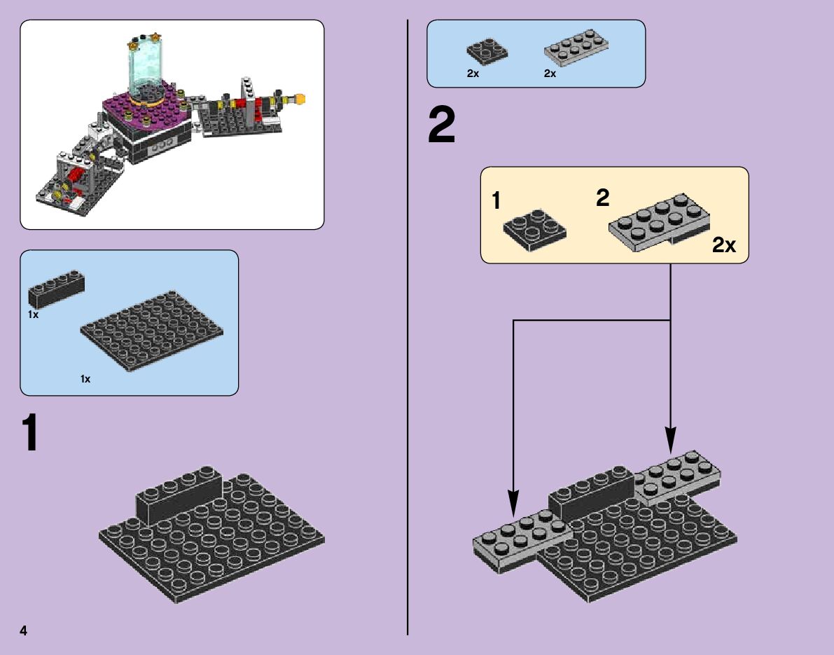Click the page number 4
24,630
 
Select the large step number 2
442,128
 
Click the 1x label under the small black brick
34,315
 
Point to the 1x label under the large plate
85,379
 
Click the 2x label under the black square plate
473,74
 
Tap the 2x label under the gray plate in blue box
550,74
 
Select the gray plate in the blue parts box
576,51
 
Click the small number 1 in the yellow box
496,202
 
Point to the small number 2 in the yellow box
602,198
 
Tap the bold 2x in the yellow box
724,245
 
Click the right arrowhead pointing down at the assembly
671,440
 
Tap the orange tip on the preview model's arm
301,99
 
